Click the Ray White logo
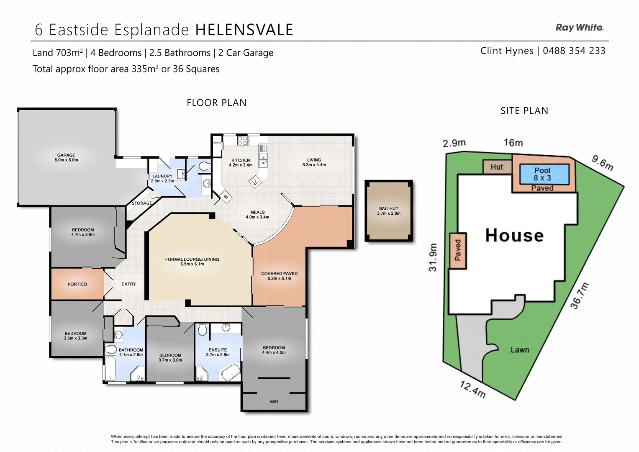tap(579, 28)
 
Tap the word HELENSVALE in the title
tap(244, 30)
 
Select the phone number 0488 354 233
tap(574, 51)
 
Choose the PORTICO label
tap(77, 284)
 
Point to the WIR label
tap(274, 402)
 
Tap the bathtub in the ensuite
tap(230, 372)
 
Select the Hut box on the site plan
tap(497, 167)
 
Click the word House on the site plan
tap(514, 236)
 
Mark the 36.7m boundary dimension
tap(580, 296)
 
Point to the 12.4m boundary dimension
tap(473, 389)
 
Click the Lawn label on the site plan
tap(519, 350)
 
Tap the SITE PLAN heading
tap(524, 111)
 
